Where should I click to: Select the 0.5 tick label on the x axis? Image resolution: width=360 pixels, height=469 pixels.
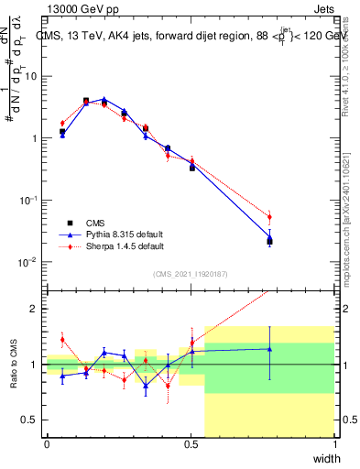click(191, 444)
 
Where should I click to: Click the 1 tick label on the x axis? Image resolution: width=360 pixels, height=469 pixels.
click(334, 444)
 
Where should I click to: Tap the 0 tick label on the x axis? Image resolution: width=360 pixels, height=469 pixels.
click(47, 444)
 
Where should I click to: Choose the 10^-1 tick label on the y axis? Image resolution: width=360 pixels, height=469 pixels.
click(28, 200)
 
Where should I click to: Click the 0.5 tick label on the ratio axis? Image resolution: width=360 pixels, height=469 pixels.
click(30, 420)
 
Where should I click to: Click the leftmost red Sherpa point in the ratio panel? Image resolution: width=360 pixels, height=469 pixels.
click(62, 340)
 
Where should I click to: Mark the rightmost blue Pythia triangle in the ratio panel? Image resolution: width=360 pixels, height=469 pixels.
click(269, 348)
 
